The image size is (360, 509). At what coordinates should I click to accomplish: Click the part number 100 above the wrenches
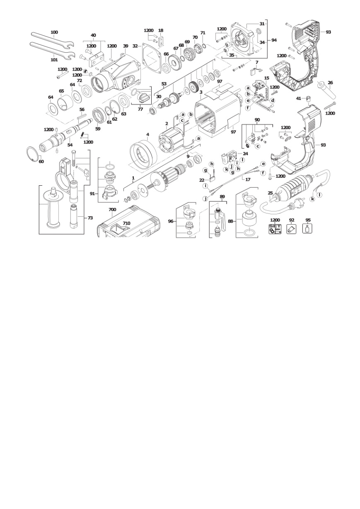(54, 32)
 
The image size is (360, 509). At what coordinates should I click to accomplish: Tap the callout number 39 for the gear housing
(126, 46)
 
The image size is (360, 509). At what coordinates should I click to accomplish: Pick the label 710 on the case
(126, 223)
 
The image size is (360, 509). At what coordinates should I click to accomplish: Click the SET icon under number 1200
(275, 229)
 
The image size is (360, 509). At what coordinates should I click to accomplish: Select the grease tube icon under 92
(291, 229)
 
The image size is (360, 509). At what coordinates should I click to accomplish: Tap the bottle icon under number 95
(308, 229)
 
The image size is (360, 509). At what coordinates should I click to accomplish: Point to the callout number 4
(148, 135)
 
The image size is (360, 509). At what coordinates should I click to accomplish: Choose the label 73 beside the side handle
(90, 218)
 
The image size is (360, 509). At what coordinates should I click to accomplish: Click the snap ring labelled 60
(32, 154)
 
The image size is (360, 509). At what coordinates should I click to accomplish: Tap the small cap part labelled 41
(309, 99)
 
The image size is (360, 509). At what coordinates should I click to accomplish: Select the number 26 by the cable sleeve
(330, 83)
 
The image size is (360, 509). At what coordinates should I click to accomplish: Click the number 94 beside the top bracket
(274, 40)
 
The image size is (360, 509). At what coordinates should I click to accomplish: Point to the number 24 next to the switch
(246, 154)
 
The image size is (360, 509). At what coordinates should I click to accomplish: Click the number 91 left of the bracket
(92, 194)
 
